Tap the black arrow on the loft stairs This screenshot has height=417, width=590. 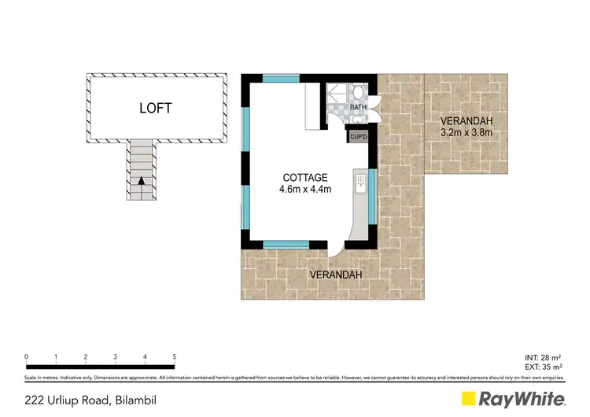coord(141,182)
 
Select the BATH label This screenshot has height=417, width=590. coord(358,107)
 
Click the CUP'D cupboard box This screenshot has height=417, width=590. coord(360,137)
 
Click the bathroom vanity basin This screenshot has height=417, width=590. coord(358,119)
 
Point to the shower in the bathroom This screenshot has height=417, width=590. coord(337,98)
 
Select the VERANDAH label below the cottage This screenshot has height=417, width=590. coord(336,275)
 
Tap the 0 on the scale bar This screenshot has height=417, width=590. coord(27,356)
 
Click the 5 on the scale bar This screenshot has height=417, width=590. coord(174,356)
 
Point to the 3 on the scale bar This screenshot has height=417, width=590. coord(115,356)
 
